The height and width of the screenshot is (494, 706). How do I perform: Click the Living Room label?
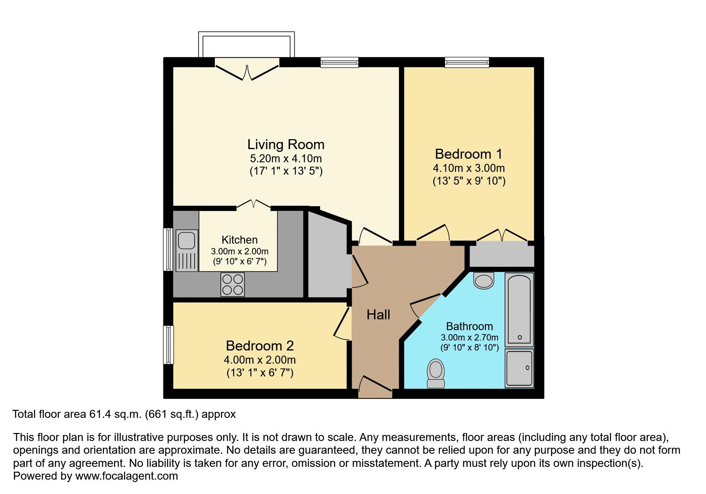pos(285,144)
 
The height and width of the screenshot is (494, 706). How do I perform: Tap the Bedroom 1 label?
pos(468,154)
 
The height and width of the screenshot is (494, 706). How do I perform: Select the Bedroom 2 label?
pos(260,346)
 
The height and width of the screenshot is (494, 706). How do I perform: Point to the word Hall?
pos(378,315)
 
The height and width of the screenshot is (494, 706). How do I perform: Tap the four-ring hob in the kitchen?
pos(232,284)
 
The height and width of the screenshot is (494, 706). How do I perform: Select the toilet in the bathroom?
pos(435,373)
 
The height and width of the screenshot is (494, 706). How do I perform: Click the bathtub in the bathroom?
pos(519,309)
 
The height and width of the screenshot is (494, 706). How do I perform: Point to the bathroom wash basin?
pos(484,280)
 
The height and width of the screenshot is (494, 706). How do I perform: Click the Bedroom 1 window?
pos(467,62)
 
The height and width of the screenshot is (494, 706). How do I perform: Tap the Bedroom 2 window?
pos(169,345)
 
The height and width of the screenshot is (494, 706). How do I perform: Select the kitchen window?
pos(169,250)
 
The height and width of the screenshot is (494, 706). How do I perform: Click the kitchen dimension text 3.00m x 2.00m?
pos(239,252)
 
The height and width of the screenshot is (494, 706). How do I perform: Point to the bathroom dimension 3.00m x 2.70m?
pos(469,337)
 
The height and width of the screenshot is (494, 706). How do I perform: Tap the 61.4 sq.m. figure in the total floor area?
pos(115,414)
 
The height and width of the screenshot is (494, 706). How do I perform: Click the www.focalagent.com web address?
pos(126,476)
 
